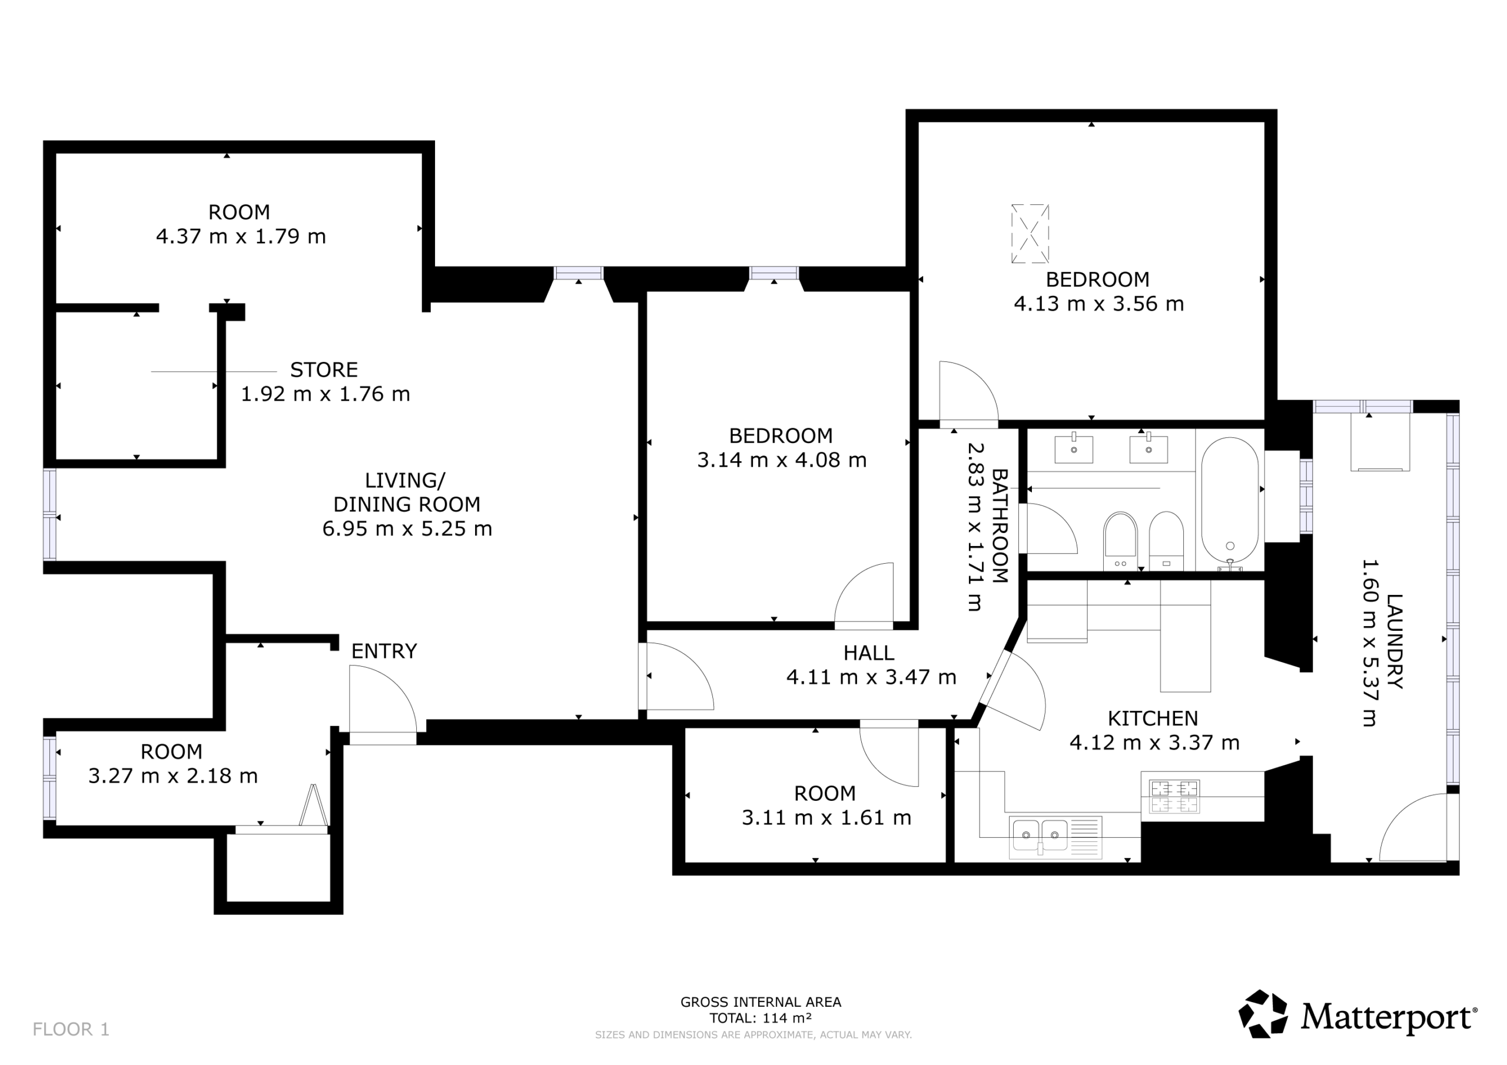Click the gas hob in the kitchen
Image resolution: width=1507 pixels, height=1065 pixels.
click(1174, 797)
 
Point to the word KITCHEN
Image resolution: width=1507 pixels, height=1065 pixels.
click(1153, 718)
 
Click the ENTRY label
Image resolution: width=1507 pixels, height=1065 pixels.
click(384, 651)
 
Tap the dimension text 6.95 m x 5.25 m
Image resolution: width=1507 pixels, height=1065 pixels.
click(407, 528)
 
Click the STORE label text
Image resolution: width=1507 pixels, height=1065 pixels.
click(324, 370)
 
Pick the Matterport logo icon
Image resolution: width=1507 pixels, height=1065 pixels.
click(1262, 1014)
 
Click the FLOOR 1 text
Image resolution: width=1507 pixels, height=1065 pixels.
click(71, 1029)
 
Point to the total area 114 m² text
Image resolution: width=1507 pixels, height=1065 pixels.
click(760, 1019)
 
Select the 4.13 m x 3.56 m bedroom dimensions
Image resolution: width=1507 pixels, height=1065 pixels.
click(1098, 304)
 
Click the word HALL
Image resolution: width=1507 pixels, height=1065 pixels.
click(868, 653)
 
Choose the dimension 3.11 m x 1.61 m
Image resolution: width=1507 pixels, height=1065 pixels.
click(826, 818)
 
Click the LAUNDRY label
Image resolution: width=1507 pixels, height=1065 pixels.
click(1394, 641)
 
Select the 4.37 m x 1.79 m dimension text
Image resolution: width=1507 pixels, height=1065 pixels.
click(241, 236)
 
